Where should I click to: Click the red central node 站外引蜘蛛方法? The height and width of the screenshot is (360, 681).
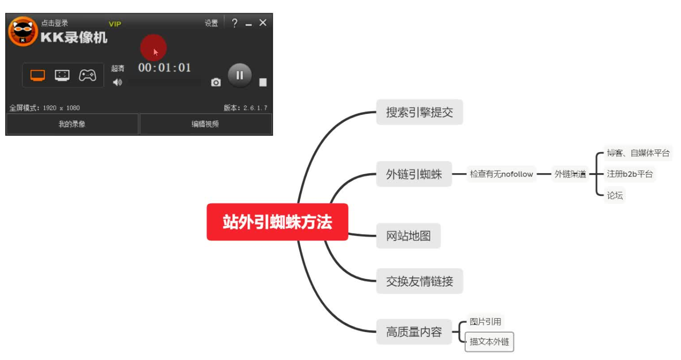click(277, 222)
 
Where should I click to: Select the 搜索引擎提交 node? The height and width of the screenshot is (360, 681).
click(419, 112)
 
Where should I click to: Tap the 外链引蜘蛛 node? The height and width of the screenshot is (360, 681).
click(414, 174)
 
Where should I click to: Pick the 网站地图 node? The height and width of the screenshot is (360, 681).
click(408, 236)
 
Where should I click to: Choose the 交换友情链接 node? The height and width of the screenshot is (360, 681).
click(419, 281)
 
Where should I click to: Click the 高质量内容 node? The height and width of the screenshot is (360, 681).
click(414, 332)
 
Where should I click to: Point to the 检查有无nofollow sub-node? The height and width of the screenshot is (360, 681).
click(501, 174)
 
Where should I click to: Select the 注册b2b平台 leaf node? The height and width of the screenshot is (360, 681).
click(629, 174)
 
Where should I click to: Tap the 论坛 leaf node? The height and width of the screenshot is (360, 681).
click(615, 195)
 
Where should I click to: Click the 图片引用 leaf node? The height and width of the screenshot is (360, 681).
click(485, 322)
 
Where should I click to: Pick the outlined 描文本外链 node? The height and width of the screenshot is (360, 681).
click(489, 342)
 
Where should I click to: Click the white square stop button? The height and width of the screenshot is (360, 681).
click(263, 83)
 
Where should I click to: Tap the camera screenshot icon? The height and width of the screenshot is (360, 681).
click(216, 83)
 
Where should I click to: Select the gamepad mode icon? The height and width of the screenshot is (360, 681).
click(87, 75)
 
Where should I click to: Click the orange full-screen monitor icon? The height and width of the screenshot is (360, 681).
click(37, 75)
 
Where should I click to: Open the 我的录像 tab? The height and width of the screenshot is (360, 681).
click(72, 124)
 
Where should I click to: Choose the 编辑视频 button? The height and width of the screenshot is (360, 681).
click(205, 124)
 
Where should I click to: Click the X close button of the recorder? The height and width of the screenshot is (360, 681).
click(263, 23)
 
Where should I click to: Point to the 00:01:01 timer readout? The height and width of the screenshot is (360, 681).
click(165, 67)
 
